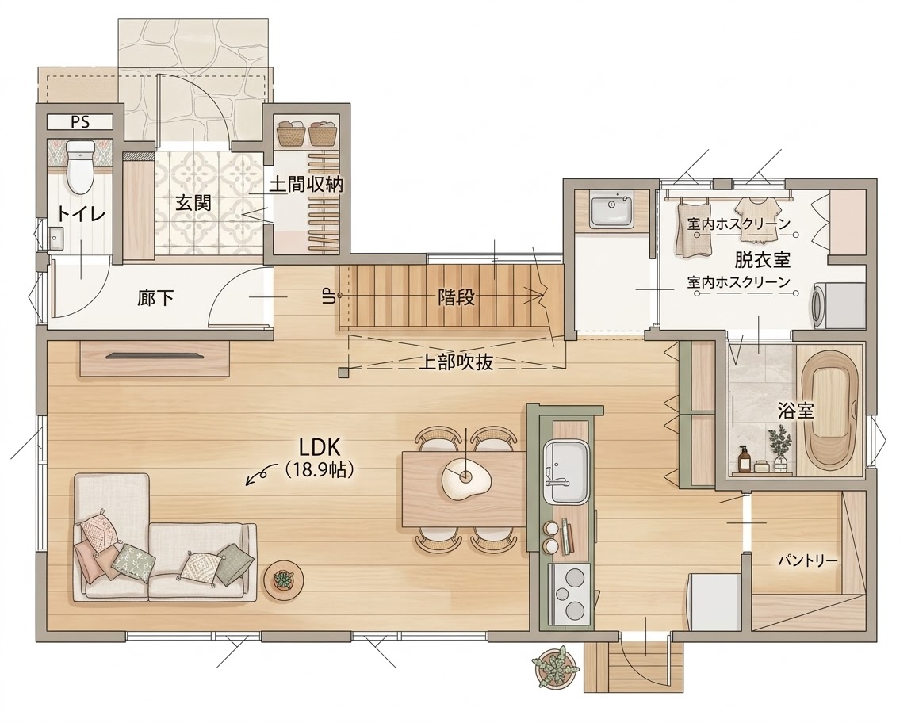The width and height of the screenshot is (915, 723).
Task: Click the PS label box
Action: (80, 122)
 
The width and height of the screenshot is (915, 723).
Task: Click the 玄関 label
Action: (193, 202)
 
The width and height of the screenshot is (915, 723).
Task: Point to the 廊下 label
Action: (155, 299)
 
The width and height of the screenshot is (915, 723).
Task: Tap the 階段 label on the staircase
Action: (456, 297)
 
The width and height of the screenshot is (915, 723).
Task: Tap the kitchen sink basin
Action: (565, 472)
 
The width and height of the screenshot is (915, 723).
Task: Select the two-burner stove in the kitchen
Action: (571, 592)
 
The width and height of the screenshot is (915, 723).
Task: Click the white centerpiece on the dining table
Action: (463, 480)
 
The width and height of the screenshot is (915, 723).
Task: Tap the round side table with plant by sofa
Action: (282, 580)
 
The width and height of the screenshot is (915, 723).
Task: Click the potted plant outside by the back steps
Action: (554, 667)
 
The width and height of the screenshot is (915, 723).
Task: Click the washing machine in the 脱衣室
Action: (837, 304)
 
